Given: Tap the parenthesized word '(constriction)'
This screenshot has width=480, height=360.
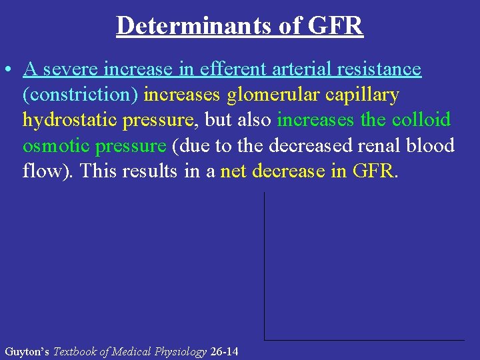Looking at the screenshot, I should click(80, 95).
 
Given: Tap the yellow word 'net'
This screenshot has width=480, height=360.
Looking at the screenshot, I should click(234, 171).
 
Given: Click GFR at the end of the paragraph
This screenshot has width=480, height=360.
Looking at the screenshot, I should click(373, 171).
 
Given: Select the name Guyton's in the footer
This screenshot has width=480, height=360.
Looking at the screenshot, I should click(27, 351).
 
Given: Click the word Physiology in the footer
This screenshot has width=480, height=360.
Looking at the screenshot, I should click(181, 351).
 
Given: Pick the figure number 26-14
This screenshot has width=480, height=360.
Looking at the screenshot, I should click(224, 351).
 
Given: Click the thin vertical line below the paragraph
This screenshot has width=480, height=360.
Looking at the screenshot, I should click(265, 267).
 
